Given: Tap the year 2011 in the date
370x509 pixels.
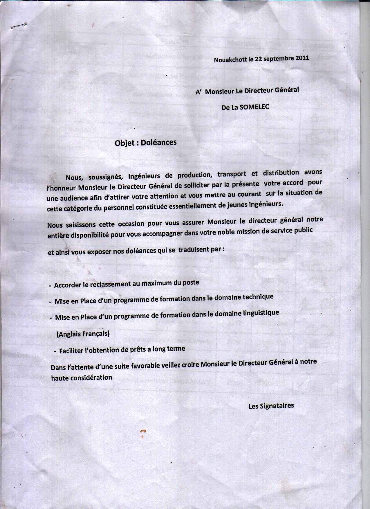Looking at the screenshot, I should click(x=302, y=57).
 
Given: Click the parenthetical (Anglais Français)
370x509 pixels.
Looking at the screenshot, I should click(x=83, y=334).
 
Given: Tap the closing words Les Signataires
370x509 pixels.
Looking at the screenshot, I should click(x=271, y=406).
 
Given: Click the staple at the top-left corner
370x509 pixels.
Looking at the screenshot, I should click(x=19, y=26).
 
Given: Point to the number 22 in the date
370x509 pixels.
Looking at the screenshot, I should click(x=259, y=59).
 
